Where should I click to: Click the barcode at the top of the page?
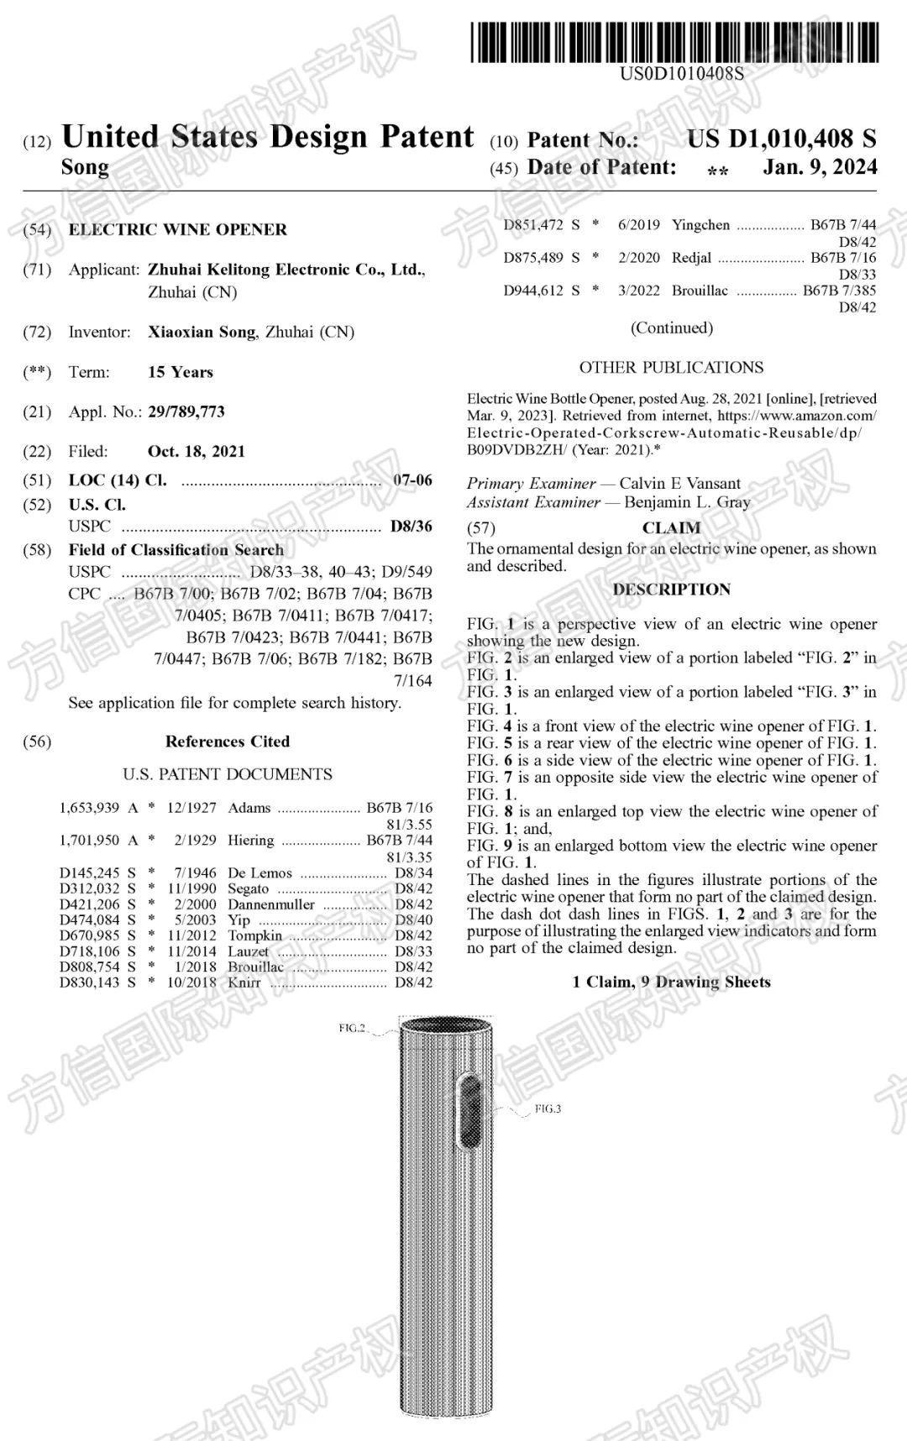click(x=675, y=43)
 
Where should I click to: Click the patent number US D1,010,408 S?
click(x=781, y=139)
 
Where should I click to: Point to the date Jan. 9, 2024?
click(x=819, y=167)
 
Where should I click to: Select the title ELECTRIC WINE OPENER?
click(x=177, y=230)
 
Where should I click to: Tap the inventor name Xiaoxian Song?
click(x=202, y=333)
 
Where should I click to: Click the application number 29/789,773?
click(x=186, y=412)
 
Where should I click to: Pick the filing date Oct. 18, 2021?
click(x=197, y=452)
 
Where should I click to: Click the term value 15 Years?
click(x=181, y=373)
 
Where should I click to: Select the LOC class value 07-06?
click(x=412, y=480)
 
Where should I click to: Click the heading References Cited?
click(x=227, y=741)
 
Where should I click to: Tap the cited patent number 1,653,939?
click(x=89, y=808)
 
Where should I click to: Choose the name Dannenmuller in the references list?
click(x=271, y=905)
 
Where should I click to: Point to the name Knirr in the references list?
click(x=244, y=982)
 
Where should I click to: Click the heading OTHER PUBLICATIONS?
click(x=671, y=368)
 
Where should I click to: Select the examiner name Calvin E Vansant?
click(x=680, y=484)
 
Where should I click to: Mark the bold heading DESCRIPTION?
click(x=671, y=589)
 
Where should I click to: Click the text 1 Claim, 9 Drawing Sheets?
click(x=671, y=982)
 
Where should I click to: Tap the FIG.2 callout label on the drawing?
click(x=352, y=1028)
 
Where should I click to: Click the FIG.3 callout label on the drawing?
click(x=548, y=1109)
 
